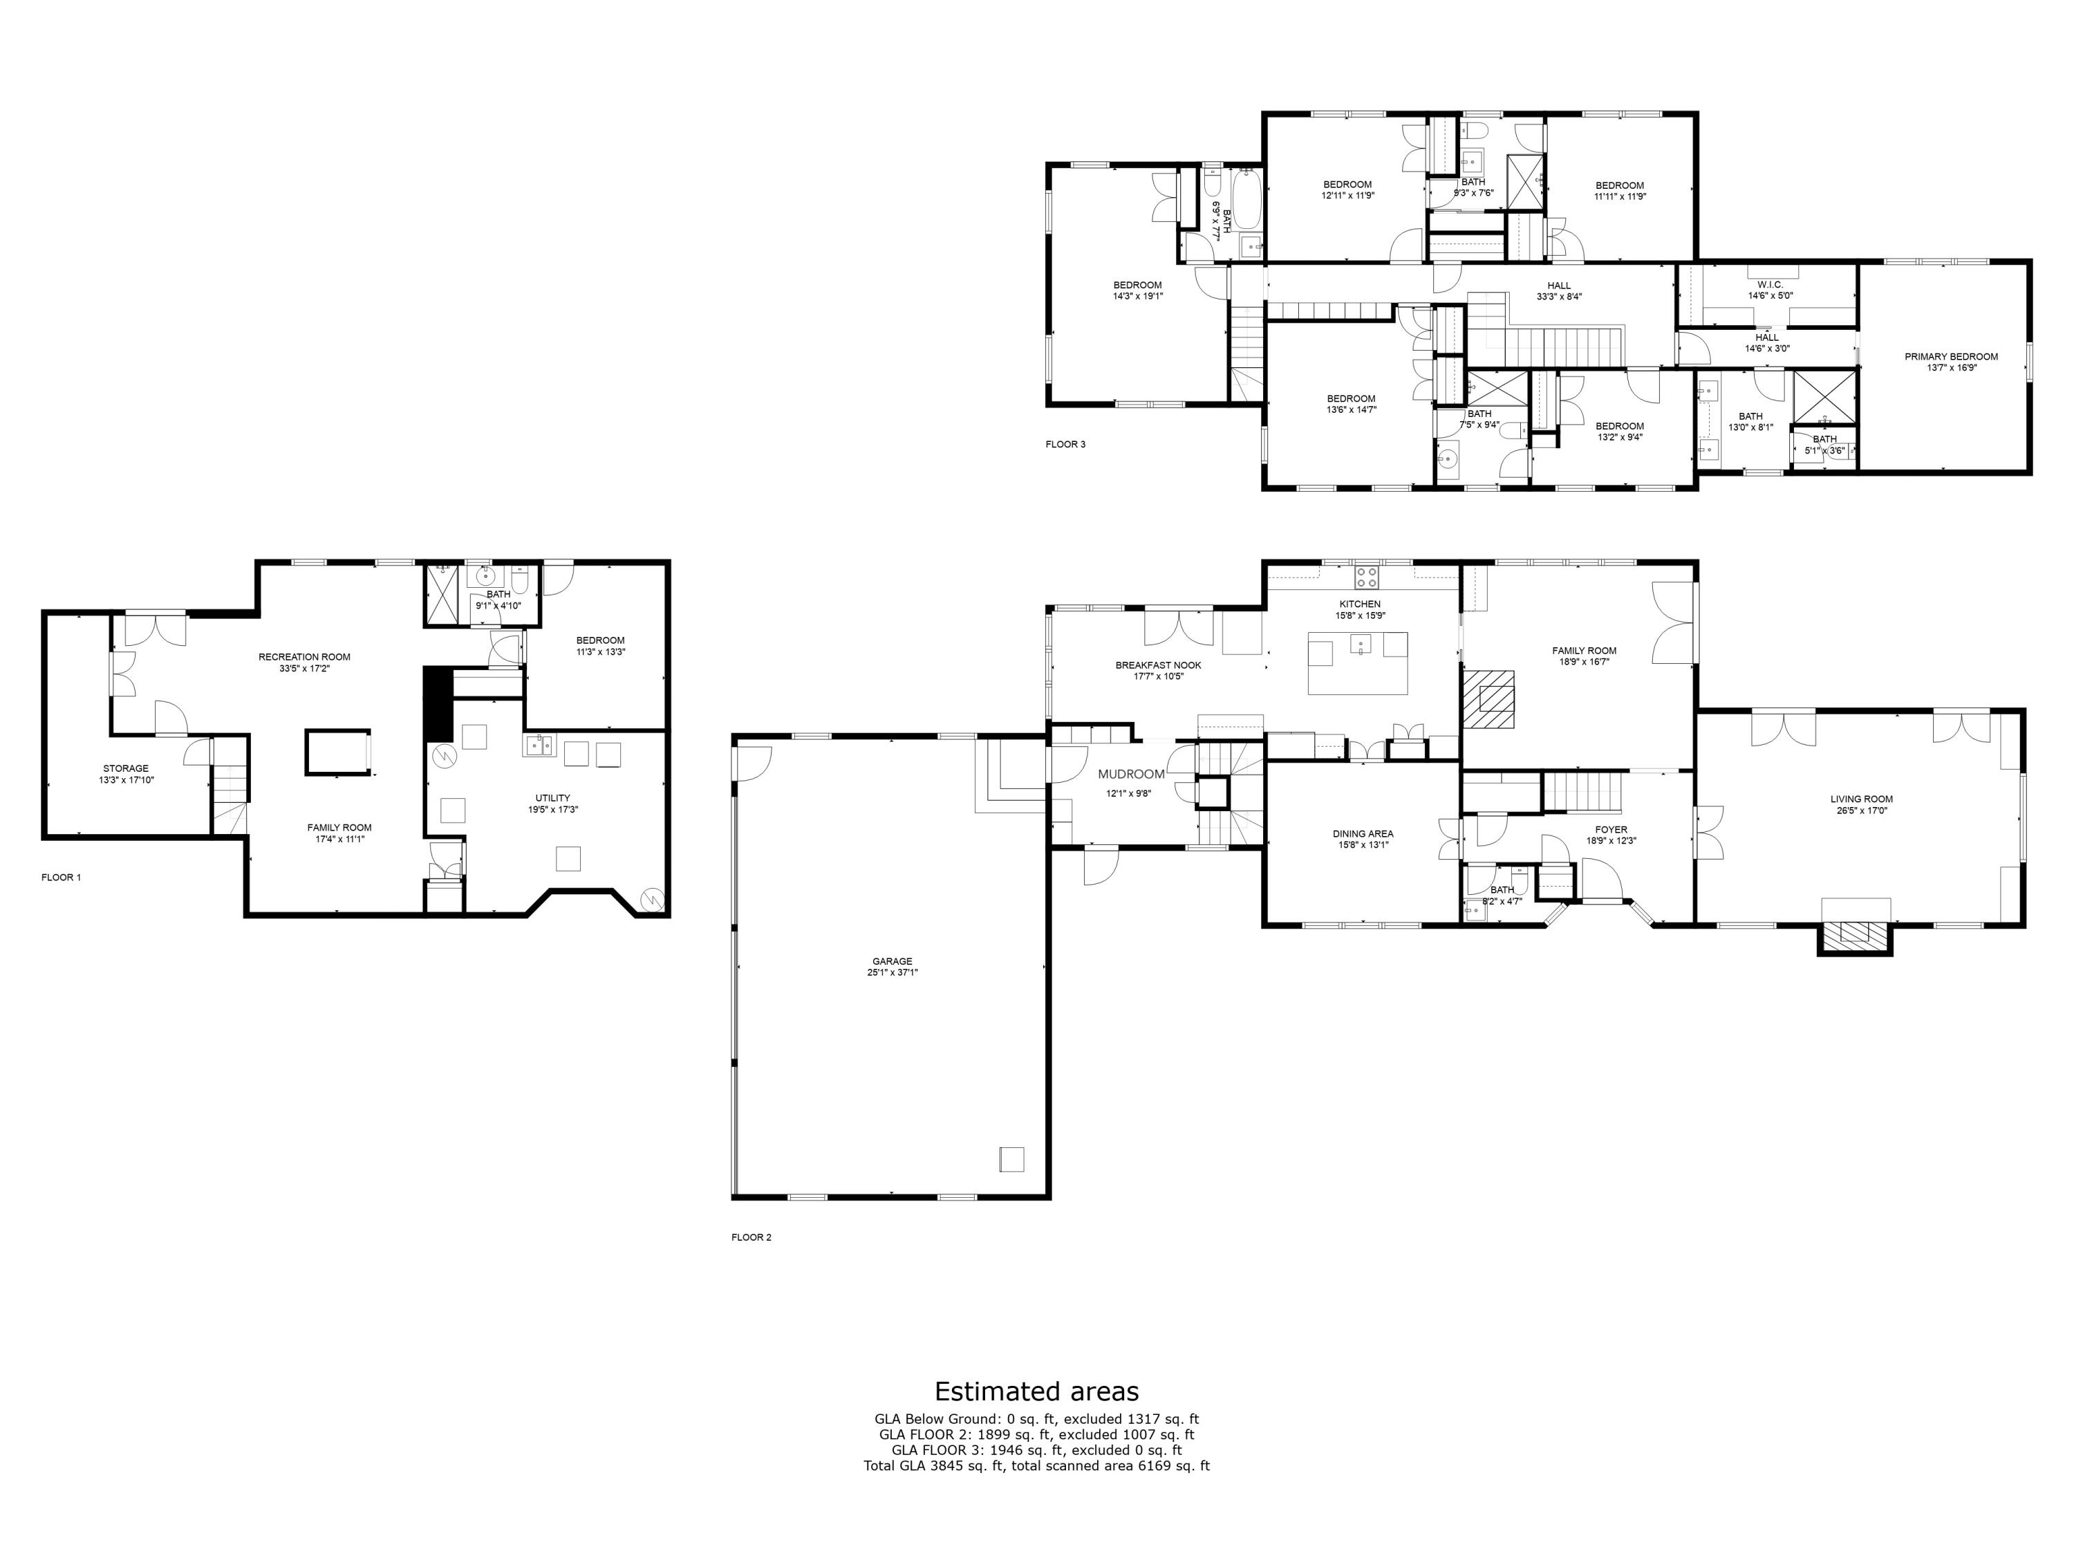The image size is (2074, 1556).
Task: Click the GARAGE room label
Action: [x=892, y=961]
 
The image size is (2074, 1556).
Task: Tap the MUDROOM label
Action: [x=1131, y=774]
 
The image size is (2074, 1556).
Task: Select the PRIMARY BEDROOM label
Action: [x=1950, y=356]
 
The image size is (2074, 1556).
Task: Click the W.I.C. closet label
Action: [x=1769, y=284]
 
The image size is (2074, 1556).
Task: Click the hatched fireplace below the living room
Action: [x=1853, y=933]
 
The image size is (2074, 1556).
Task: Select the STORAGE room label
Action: [x=126, y=768]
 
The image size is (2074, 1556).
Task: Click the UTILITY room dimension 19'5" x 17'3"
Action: [x=552, y=809]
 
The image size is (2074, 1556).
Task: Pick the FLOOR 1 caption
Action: [x=61, y=878]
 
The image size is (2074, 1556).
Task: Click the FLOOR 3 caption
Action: [x=1065, y=445]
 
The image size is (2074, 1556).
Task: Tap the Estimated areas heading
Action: [x=1036, y=1391]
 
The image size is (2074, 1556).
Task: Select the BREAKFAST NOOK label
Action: [x=1158, y=665]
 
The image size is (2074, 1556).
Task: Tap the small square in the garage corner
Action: [x=1011, y=1159]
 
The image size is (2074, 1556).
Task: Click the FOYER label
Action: [x=1611, y=830]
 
